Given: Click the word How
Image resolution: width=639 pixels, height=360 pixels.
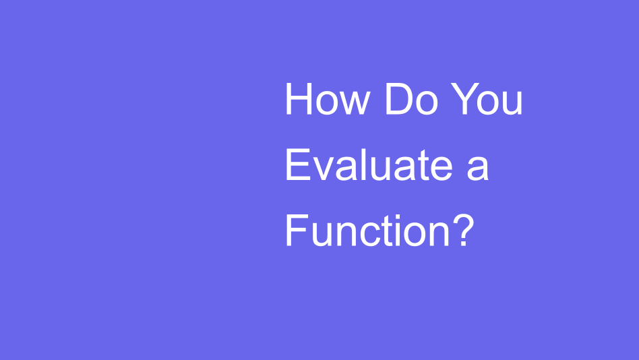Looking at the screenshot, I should tap(327, 100).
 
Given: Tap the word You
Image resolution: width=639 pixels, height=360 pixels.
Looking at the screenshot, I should tap(487, 100).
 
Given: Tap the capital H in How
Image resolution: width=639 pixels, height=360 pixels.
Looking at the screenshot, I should tap(297, 100).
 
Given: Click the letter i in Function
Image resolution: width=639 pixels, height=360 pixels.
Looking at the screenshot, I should tap(394, 231).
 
